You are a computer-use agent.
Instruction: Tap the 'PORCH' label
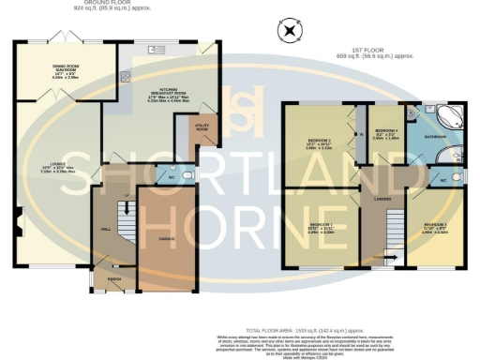point(114,278)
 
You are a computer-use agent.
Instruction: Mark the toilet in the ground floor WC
point(187,174)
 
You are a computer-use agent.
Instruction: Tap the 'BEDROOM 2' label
point(318,142)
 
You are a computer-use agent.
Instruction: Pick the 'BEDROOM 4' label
point(385,130)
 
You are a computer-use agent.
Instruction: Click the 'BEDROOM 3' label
point(433,225)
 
